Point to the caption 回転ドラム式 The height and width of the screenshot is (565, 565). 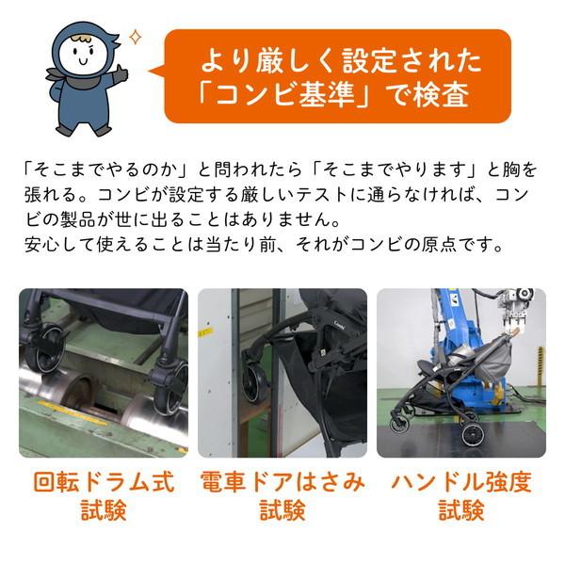point(104,483)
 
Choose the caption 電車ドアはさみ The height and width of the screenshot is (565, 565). point(282,483)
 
